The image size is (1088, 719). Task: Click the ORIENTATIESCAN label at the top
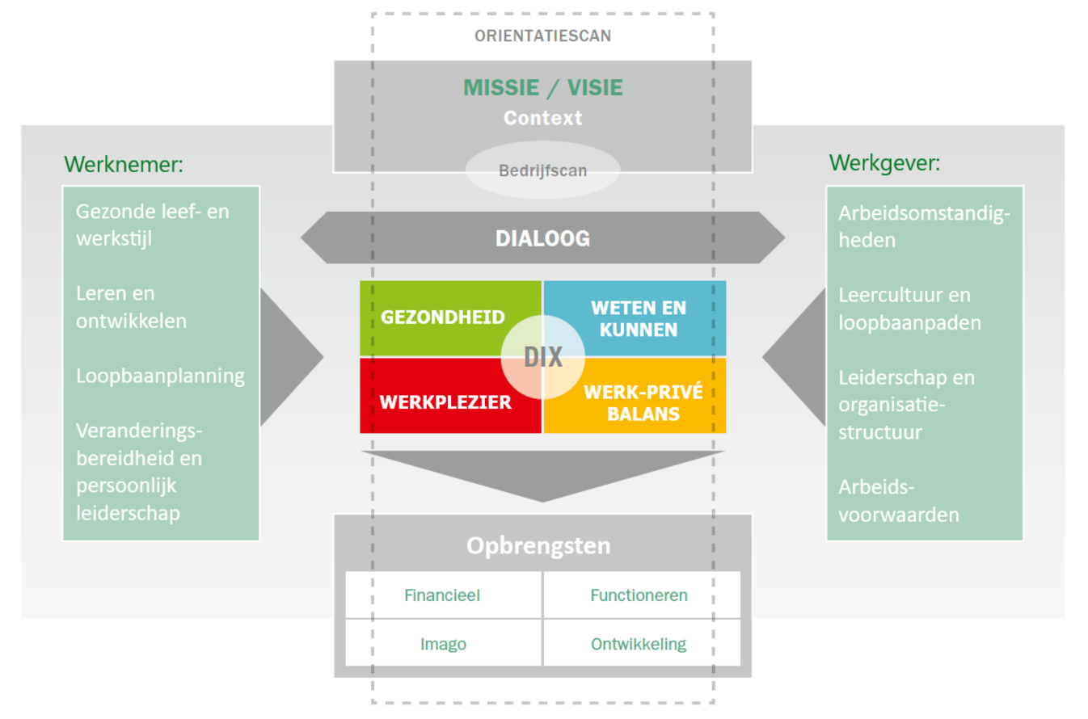click(x=542, y=36)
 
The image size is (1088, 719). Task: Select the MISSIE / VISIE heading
click(x=542, y=87)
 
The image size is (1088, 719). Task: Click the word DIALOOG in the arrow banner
click(x=542, y=238)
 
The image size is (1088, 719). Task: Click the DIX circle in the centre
click(x=542, y=357)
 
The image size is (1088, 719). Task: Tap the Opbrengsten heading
click(x=538, y=546)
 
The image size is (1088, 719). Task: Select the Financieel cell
click(x=442, y=595)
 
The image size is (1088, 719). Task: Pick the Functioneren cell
click(x=639, y=595)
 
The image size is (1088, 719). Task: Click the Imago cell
click(x=443, y=644)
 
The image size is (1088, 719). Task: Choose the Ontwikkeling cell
click(x=639, y=644)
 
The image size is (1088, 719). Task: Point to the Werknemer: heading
click(x=124, y=164)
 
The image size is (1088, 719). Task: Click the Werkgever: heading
click(x=884, y=163)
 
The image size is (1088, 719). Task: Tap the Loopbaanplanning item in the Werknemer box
click(x=160, y=376)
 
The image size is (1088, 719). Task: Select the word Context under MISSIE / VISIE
click(x=542, y=118)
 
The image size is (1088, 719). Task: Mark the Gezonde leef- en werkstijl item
click(x=153, y=225)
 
